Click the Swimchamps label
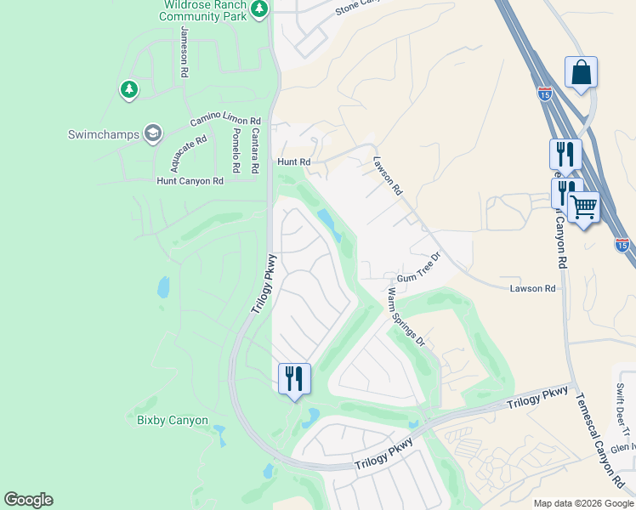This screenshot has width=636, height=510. [103, 134]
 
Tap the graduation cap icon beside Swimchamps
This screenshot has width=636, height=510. [153, 133]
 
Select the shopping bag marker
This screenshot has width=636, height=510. [581, 74]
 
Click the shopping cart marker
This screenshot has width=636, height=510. [583, 207]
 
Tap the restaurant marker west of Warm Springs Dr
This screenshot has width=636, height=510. [294, 379]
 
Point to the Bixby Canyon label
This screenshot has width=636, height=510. [173, 420]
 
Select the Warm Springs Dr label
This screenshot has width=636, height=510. [406, 317]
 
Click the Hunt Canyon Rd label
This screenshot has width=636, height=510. [190, 181]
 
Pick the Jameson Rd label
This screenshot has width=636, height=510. [185, 53]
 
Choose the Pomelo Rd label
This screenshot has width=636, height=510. [236, 146]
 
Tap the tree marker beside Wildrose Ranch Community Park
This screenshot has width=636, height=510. [260, 10]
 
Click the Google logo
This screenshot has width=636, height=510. [28, 500]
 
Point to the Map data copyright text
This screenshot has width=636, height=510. [582, 503]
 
